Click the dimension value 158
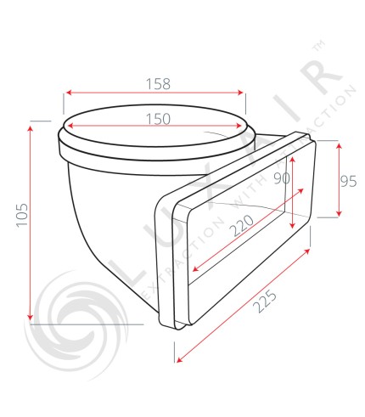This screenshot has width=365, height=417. tap(157, 83)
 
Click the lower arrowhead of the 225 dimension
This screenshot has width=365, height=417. tap(180, 360)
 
